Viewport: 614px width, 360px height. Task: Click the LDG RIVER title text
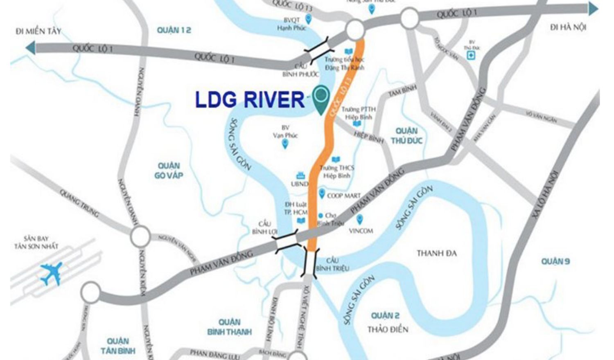click(x=250, y=99)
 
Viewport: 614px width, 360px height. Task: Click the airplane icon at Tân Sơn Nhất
click(x=52, y=272)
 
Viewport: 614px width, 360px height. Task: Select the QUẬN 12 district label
click(x=174, y=30)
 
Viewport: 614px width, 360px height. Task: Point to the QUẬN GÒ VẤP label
click(x=169, y=171)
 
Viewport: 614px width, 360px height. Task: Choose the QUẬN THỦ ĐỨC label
click(x=406, y=136)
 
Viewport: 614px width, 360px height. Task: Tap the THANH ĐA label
click(x=436, y=253)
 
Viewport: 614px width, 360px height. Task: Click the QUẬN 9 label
click(x=555, y=261)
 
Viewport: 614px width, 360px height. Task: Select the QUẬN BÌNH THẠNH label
click(x=229, y=327)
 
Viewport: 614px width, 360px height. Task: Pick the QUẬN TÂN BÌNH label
click(x=118, y=346)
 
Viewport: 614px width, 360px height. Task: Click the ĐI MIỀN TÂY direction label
click(x=38, y=31)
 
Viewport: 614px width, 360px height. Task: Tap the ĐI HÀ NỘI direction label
click(x=568, y=27)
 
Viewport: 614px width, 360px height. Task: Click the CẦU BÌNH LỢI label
click(x=265, y=228)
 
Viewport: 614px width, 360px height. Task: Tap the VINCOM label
click(x=361, y=231)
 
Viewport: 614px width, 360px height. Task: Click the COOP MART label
click(x=344, y=196)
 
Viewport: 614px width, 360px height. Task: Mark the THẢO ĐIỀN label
click(x=387, y=329)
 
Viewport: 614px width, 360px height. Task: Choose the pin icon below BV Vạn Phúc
click(x=285, y=144)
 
